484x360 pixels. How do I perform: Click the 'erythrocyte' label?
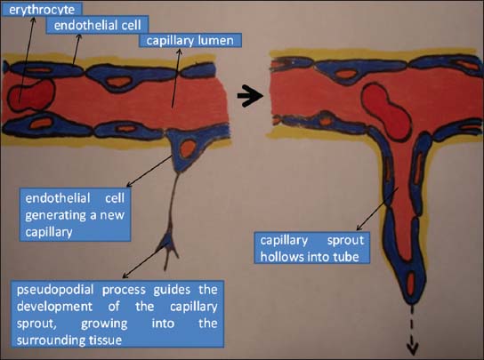[x=42, y=9]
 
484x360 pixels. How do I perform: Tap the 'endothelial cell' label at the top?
[x=97, y=25]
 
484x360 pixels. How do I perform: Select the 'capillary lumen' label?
[x=190, y=40]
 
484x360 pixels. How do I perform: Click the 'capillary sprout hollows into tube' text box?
[x=311, y=248]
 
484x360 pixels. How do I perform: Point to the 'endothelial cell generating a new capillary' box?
[x=75, y=215]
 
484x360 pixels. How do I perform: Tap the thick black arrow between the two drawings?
[x=250, y=96]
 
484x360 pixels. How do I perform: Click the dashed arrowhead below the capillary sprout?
[x=412, y=348]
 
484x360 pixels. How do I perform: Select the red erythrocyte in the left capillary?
[x=31, y=95]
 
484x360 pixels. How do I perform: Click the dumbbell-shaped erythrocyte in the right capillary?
[x=386, y=111]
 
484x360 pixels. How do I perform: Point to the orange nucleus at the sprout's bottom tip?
[x=411, y=284]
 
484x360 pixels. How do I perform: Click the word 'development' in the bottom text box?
[x=54, y=307]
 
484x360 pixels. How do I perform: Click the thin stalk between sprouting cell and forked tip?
[x=173, y=201]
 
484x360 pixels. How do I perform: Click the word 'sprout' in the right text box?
[x=345, y=241]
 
